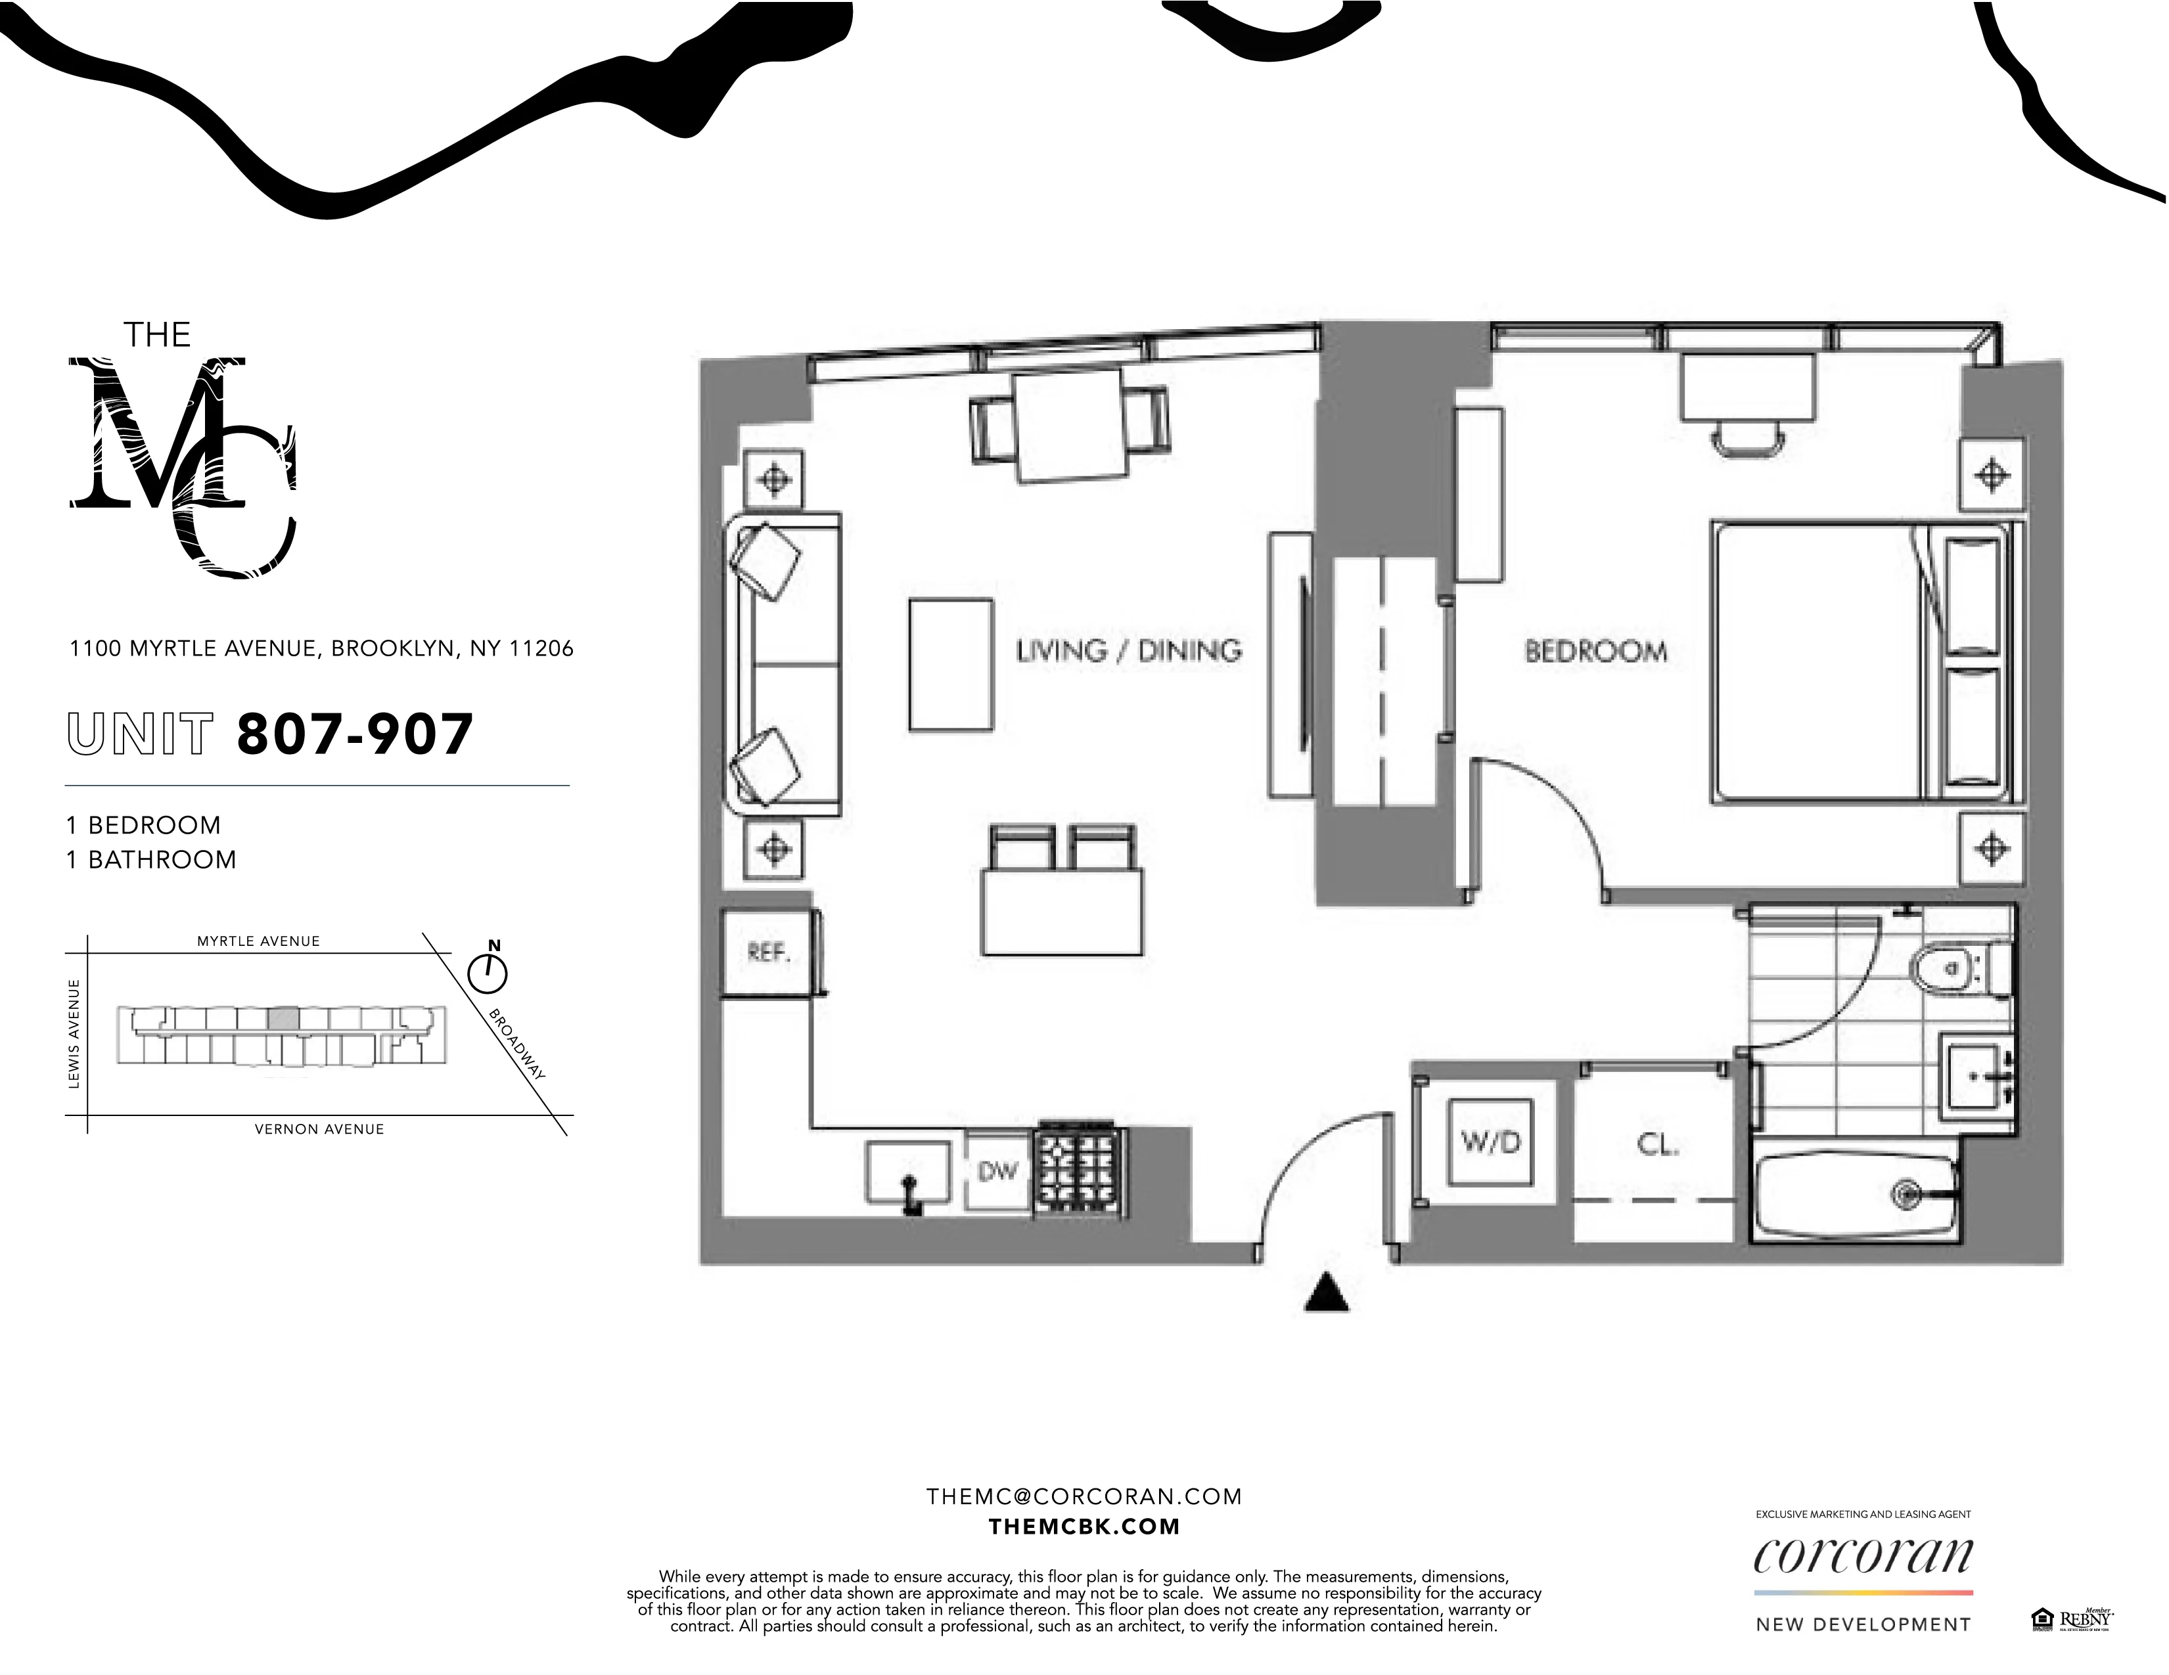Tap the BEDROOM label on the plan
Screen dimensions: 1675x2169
1595,652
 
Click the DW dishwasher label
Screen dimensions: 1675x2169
997,1172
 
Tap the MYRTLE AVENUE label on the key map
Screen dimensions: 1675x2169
258,941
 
